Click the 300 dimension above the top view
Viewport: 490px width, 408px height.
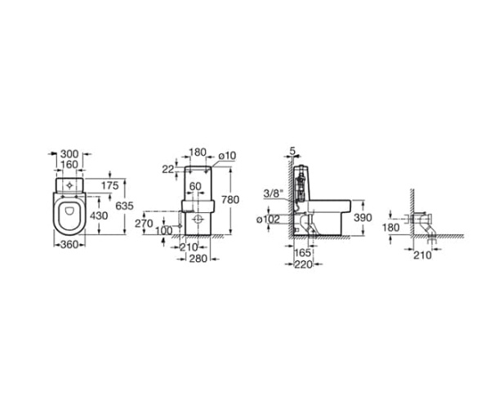69,154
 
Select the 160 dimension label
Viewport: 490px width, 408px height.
69,164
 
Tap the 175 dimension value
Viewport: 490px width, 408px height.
110,186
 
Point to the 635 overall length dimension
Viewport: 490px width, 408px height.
124,206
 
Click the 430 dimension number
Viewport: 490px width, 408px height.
99,215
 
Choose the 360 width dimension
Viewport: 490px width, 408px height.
69,245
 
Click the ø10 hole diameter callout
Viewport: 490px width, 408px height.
227,156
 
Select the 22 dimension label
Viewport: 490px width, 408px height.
167,169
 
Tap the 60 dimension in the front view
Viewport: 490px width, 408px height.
195,186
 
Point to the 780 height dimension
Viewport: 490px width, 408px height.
230,200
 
